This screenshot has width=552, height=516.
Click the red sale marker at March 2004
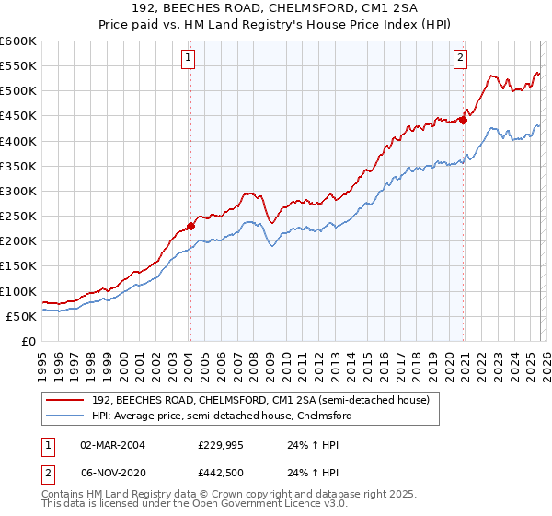[x=190, y=225]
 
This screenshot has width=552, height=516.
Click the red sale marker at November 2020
[x=464, y=119]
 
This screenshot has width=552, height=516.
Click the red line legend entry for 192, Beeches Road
[x=260, y=400]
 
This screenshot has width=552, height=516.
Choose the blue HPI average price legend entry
[x=221, y=416]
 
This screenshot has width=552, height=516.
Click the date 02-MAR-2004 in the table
[x=113, y=444]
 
